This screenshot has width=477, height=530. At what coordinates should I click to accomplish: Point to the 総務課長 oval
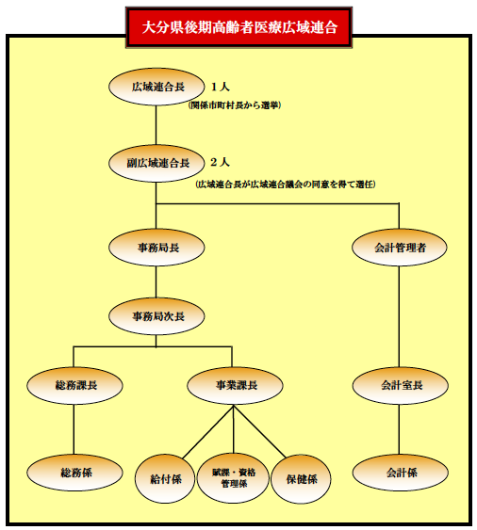point(76,385)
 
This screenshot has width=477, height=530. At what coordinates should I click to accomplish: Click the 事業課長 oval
point(235,385)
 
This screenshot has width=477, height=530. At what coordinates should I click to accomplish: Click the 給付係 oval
point(166,477)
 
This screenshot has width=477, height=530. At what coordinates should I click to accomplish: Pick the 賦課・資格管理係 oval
point(233,477)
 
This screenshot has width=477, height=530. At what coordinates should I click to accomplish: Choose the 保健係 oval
point(301,477)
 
